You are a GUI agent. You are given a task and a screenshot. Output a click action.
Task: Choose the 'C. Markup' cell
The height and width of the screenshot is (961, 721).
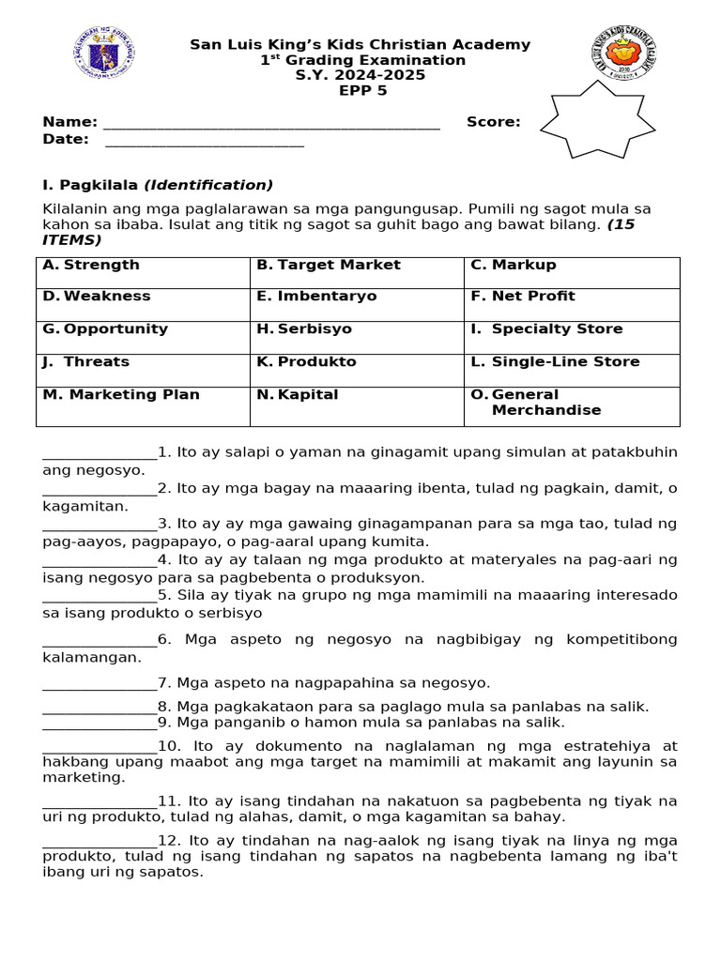[x=571, y=272]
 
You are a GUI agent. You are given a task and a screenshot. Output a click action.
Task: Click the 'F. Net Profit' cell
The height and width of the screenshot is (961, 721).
[x=571, y=304]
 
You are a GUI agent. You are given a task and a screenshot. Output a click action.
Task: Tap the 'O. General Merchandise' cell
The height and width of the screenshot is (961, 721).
[x=571, y=405]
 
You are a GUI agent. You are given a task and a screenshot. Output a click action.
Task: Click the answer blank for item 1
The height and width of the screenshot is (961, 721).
[x=100, y=455]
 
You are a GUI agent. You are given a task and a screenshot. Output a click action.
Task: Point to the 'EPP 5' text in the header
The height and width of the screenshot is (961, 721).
[x=360, y=91]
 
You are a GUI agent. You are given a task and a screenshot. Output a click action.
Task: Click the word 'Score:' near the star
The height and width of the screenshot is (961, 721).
[x=493, y=122]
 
